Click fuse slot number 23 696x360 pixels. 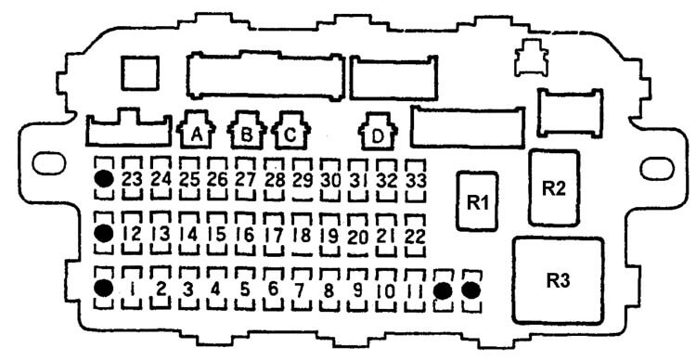pyautogui.click(x=132, y=179)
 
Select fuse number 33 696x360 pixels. pyautogui.click(x=416, y=180)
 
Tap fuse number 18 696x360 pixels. pyautogui.click(x=303, y=235)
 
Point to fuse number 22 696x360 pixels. pyautogui.click(x=416, y=236)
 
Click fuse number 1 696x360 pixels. pyautogui.click(x=132, y=289)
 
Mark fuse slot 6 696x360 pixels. pyautogui.click(x=274, y=289)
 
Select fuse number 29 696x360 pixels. pyautogui.click(x=303, y=180)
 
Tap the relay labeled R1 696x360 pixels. pyautogui.click(x=477, y=201)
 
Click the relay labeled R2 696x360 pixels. pyautogui.click(x=554, y=187)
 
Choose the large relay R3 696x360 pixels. pyautogui.click(x=558, y=280)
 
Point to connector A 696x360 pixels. pyautogui.click(x=196, y=130)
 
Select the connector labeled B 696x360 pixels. pyautogui.click(x=247, y=131)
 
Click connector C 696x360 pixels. pyautogui.click(x=290, y=131)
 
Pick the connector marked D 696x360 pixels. pyautogui.click(x=378, y=132)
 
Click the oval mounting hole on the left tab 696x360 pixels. pyautogui.click(x=49, y=163)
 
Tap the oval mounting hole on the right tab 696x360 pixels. pyautogui.click(x=657, y=169)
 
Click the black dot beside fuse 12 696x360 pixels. pyautogui.click(x=104, y=233)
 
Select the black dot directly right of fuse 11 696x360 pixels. pyautogui.click(x=444, y=290)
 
